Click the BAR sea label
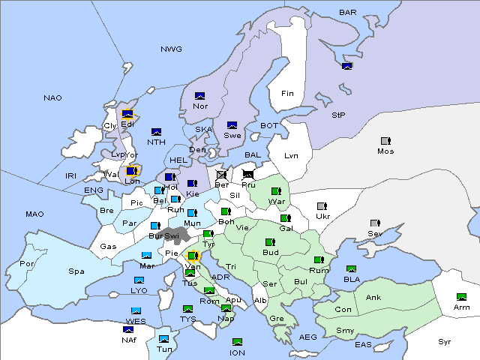[348, 13]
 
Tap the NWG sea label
[171, 49]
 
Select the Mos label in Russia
[385, 151]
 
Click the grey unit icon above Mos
[385, 141]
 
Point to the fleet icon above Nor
[199, 95]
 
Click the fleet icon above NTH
[157, 132]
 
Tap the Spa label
[76, 271]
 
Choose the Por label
[27, 264]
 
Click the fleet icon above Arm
[462, 297]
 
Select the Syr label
[445, 342]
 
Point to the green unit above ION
[237, 342]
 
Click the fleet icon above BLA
[352, 269]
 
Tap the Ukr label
[323, 217]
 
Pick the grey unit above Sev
[375, 223]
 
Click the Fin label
[287, 94]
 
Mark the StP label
[338, 115]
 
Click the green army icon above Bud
[270, 242]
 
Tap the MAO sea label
[34, 214]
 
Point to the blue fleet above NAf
[129, 328]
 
